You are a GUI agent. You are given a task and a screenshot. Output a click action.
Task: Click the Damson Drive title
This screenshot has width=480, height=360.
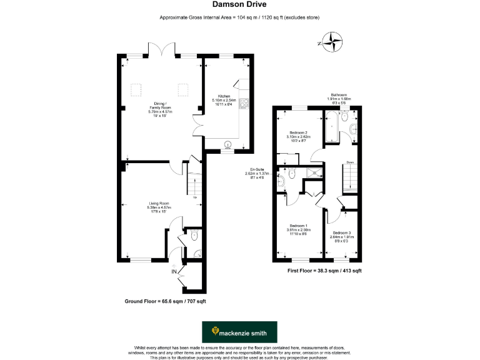[239, 5]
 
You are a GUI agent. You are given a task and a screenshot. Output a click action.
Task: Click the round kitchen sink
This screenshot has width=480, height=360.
[227, 142]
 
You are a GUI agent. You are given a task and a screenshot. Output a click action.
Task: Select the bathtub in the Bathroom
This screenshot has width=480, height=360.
[331, 126]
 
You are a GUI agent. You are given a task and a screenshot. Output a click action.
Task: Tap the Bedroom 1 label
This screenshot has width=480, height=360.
[297, 226]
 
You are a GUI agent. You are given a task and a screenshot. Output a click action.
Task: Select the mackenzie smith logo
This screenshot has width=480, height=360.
[242, 331]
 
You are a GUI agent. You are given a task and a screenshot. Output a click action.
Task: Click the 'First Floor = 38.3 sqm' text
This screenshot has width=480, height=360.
[324, 271]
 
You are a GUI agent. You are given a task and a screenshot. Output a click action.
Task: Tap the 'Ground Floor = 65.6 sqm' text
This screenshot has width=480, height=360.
[165, 301]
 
